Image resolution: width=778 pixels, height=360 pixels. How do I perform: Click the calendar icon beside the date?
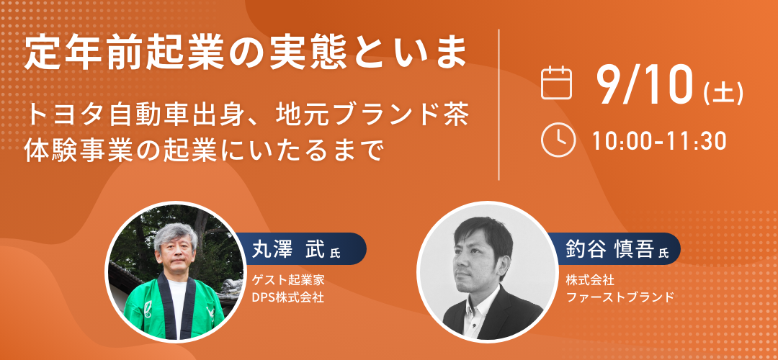pyautogui.click(x=556, y=83)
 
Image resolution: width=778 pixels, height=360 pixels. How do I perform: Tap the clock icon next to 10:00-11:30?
pyautogui.click(x=558, y=140)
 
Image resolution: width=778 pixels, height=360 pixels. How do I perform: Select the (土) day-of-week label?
pyautogui.click(x=723, y=92)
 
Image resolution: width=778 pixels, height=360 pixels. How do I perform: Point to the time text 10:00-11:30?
pyautogui.click(x=659, y=141)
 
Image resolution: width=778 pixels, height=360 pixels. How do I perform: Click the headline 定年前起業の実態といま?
pyautogui.click(x=246, y=52)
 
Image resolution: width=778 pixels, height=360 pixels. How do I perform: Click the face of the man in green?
pyautogui.click(x=175, y=257)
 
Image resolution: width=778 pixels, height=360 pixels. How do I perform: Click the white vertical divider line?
pyautogui.click(x=498, y=104)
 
